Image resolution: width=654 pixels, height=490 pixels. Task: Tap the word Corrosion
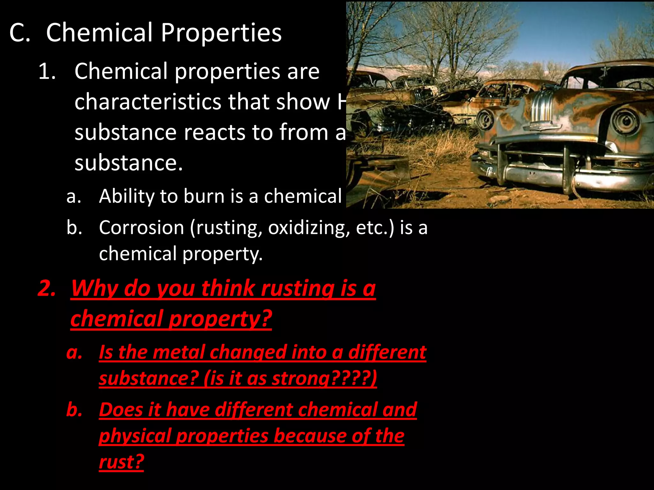point(141,227)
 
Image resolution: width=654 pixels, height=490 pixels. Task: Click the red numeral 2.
point(47,288)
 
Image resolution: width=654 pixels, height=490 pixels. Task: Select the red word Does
point(120,410)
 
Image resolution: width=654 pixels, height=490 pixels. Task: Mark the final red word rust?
point(121,462)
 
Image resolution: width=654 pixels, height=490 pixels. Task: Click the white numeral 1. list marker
point(47,71)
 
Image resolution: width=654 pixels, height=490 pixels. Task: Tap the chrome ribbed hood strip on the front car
point(542,105)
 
